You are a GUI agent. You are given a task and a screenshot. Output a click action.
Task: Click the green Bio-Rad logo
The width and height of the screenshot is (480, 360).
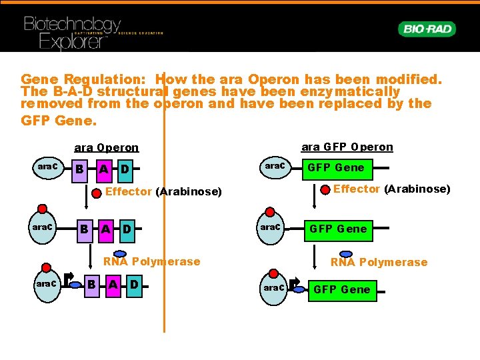pyautogui.click(x=427, y=29)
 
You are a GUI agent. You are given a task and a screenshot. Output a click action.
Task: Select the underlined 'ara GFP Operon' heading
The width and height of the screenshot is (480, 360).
pyautogui.click(x=347, y=147)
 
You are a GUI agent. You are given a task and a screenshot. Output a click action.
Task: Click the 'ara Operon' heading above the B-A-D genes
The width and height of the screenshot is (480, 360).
pyautogui.click(x=107, y=148)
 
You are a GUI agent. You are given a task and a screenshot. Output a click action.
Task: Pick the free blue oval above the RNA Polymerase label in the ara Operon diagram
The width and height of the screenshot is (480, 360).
pyautogui.click(x=120, y=253)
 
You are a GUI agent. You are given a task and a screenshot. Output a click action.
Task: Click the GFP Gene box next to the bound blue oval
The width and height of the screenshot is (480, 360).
pyautogui.click(x=341, y=289)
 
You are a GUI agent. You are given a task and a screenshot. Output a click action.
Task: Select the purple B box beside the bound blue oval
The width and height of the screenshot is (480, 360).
pyautogui.click(x=91, y=285)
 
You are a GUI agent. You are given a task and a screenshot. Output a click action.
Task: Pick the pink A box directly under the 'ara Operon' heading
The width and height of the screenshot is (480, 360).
pyautogui.click(x=104, y=169)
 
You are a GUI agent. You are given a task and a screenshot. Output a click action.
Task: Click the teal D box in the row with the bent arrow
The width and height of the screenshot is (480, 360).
pyautogui.click(x=134, y=285)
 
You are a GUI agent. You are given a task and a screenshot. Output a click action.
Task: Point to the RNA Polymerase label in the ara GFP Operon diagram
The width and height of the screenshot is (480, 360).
pyautogui.click(x=379, y=262)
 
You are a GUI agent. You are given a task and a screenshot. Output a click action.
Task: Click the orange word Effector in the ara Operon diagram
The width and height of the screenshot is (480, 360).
pyautogui.click(x=129, y=193)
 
